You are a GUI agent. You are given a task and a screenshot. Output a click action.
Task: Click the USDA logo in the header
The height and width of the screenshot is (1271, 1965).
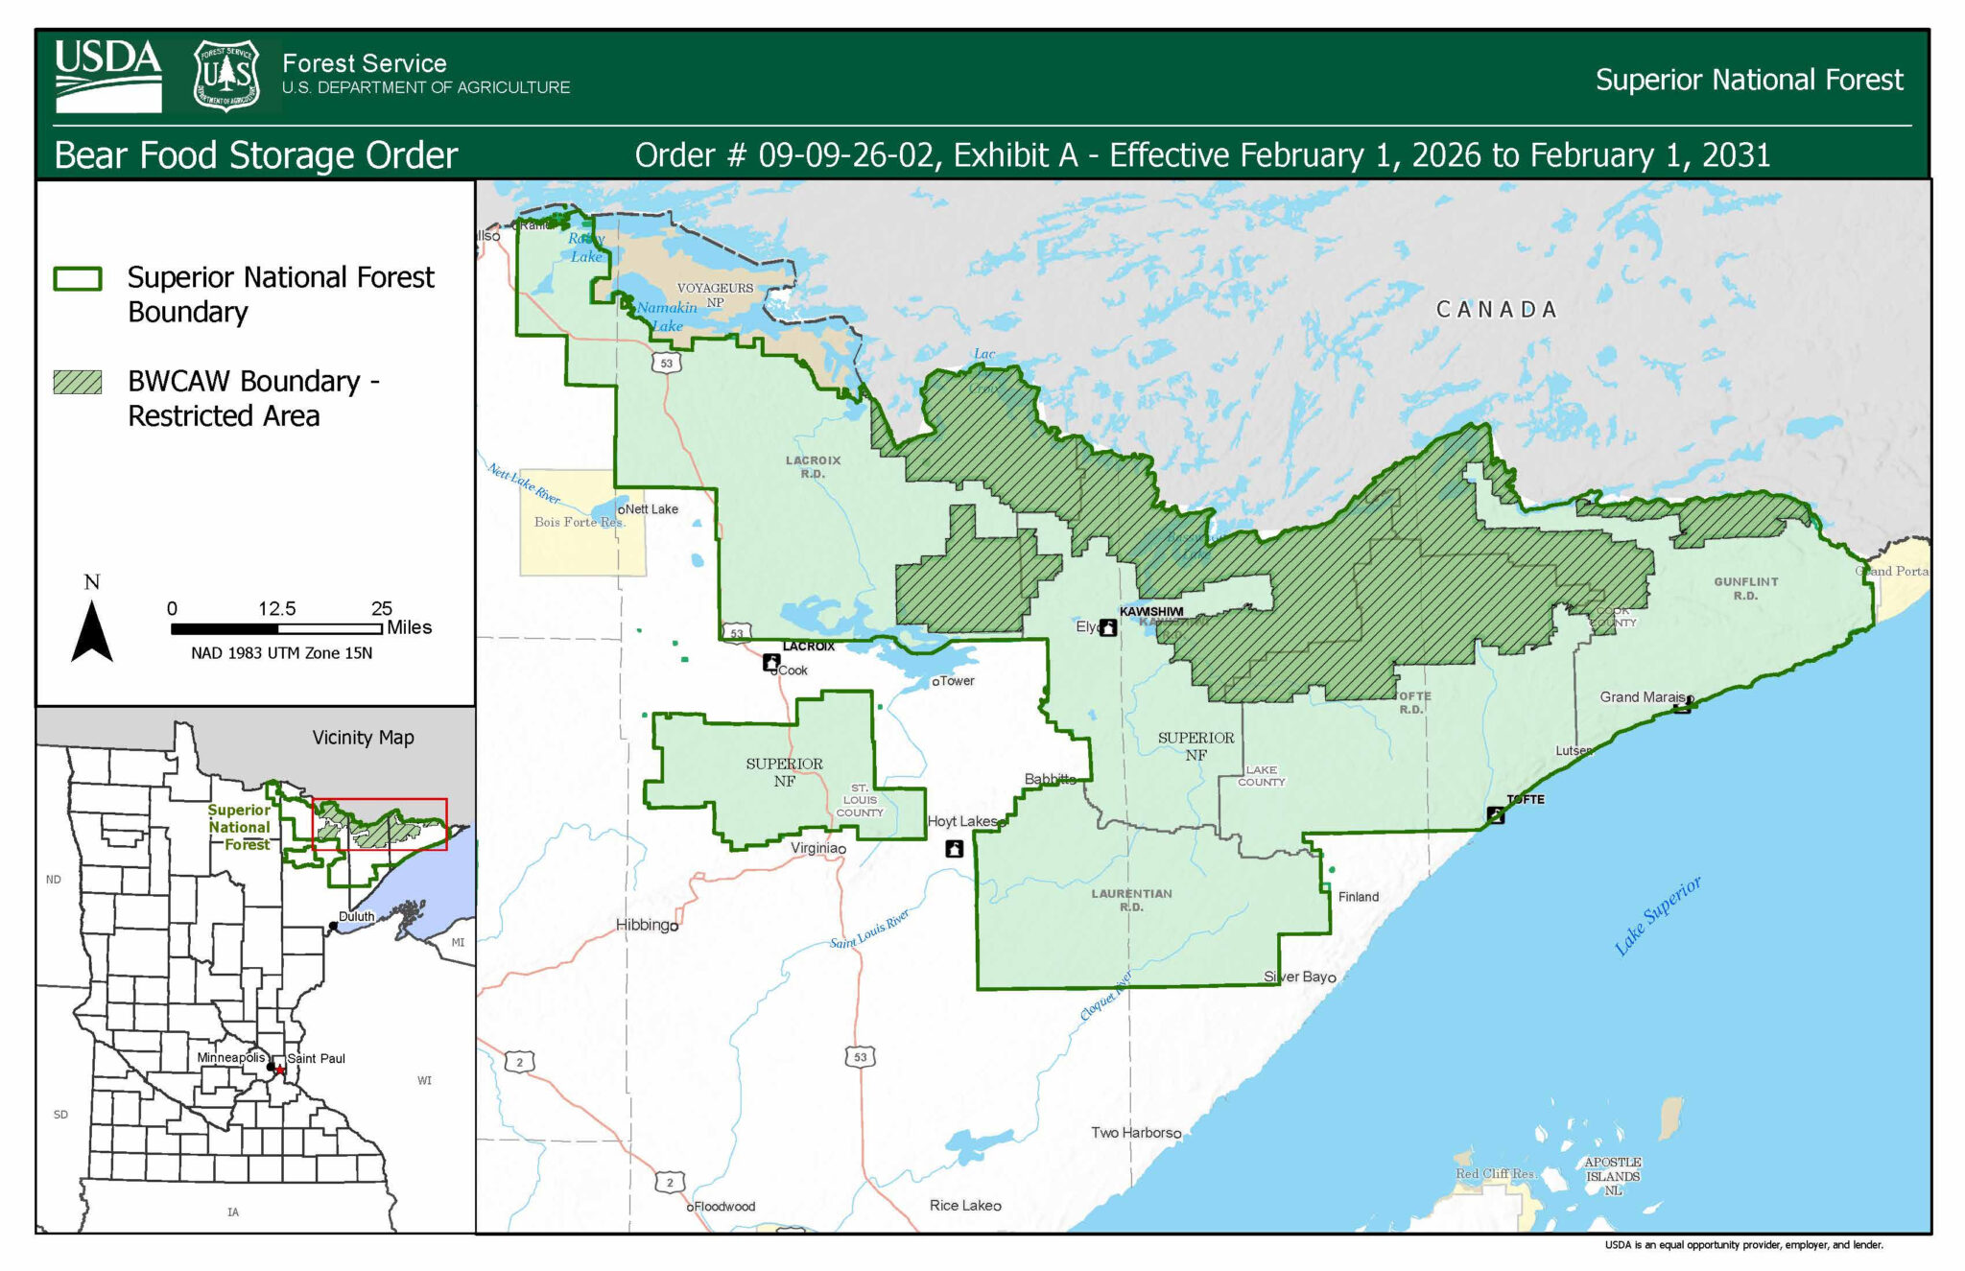pyautogui.click(x=107, y=76)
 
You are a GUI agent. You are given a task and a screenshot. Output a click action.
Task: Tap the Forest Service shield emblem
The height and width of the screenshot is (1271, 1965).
pyautogui.click(x=226, y=76)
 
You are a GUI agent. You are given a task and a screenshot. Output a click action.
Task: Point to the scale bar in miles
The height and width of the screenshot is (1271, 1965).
pyautogui.click(x=276, y=628)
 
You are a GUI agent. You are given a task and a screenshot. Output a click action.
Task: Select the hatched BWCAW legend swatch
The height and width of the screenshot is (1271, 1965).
pyautogui.click(x=78, y=382)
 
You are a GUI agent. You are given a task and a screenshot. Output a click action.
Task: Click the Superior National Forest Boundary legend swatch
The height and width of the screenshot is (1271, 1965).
pyautogui.click(x=78, y=278)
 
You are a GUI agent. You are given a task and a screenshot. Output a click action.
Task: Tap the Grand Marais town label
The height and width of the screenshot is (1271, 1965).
pyautogui.click(x=1642, y=697)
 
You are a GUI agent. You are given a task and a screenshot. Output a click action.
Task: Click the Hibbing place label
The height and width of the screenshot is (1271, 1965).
pyautogui.click(x=645, y=925)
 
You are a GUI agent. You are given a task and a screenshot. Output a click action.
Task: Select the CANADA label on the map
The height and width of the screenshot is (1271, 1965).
pyautogui.click(x=1496, y=309)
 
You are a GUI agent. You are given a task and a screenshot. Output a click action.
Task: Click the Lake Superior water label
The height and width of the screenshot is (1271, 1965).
pyautogui.click(x=1657, y=915)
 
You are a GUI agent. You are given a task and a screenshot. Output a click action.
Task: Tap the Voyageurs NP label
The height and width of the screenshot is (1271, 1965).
pyautogui.click(x=715, y=294)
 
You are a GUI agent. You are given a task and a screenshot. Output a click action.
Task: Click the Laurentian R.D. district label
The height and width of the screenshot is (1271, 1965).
pyautogui.click(x=1131, y=900)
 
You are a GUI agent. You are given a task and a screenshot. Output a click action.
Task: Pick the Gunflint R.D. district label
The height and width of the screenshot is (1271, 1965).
pyautogui.click(x=1745, y=588)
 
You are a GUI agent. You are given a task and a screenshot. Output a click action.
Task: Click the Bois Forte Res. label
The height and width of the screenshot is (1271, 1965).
pyautogui.click(x=580, y=522)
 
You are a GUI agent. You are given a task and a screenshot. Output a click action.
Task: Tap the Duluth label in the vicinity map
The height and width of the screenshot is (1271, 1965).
pyautogui.click(x=356, y=916)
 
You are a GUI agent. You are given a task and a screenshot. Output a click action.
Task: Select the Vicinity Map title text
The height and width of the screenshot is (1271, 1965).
pyautogui.click(x=363, y=738)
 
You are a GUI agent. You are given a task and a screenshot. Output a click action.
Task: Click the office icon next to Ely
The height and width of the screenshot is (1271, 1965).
pyautogui.click(x=1108, y=627)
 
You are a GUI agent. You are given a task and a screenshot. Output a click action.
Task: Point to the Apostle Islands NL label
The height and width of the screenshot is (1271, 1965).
pyautogui.click(x=1612, y=1176)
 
